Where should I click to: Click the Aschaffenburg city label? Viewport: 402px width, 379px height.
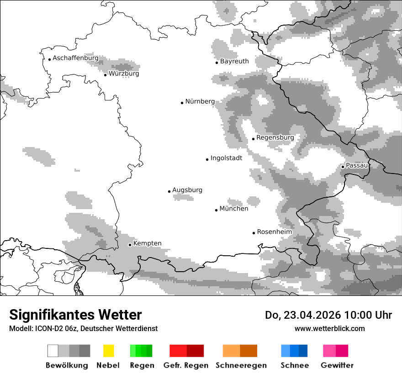coord(75,58)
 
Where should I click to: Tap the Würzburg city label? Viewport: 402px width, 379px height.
coord(124,74)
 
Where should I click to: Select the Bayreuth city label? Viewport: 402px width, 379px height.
coord(234,61)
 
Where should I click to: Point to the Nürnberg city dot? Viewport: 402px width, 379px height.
coord(182,103)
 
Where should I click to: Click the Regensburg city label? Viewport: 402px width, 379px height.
coord(275,137)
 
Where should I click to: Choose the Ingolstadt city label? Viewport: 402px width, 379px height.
coord(226,158)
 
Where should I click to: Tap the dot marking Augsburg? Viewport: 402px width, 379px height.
coord(169,191)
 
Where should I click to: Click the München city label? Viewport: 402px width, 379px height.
coord(234,209)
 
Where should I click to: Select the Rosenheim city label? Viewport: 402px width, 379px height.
coord(274,232)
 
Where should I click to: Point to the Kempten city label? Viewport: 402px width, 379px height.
coord(147,243)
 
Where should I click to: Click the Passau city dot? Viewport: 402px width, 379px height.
coord(343,167)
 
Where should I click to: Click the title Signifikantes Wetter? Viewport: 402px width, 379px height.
coord(75,315)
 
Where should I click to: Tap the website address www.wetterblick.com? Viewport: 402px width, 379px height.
coord(329,329)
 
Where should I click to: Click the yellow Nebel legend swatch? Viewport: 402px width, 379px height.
coord(108,351)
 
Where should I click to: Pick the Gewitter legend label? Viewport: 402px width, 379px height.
coord(337,365)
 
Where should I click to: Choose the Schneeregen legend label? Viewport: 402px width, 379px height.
coord(241,365)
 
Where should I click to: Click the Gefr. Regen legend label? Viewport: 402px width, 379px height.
coord(186,365)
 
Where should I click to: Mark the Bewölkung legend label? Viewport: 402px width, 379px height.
coord(67,365)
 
